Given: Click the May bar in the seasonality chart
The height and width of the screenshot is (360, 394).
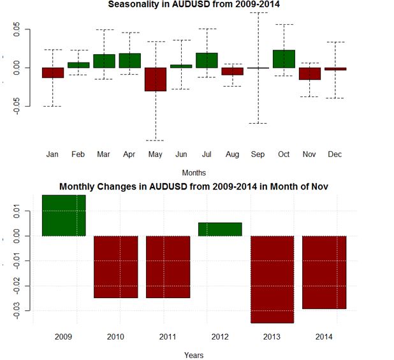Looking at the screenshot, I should point(155,79).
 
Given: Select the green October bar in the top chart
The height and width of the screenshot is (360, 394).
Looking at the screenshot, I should point(284,59).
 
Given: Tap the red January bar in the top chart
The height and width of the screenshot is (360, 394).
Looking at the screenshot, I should point(53,73).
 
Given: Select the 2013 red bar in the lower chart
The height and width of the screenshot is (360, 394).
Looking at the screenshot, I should point(272,279).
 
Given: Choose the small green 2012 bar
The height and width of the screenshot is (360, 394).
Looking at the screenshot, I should point(220,229).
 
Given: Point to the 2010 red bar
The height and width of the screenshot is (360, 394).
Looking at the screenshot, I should point(116,267).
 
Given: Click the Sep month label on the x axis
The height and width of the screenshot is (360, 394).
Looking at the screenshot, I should point(258,154).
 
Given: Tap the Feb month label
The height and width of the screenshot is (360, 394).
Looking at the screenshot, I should point(78,154).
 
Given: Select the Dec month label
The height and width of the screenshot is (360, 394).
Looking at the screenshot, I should point(335,154).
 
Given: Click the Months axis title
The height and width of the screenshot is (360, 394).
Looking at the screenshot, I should point(194,172).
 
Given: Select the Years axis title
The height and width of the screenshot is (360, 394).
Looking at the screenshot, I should point(194,354).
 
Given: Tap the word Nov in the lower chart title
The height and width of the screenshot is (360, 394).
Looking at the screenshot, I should point(318,187).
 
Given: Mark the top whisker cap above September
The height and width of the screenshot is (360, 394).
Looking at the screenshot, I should point(258,12).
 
